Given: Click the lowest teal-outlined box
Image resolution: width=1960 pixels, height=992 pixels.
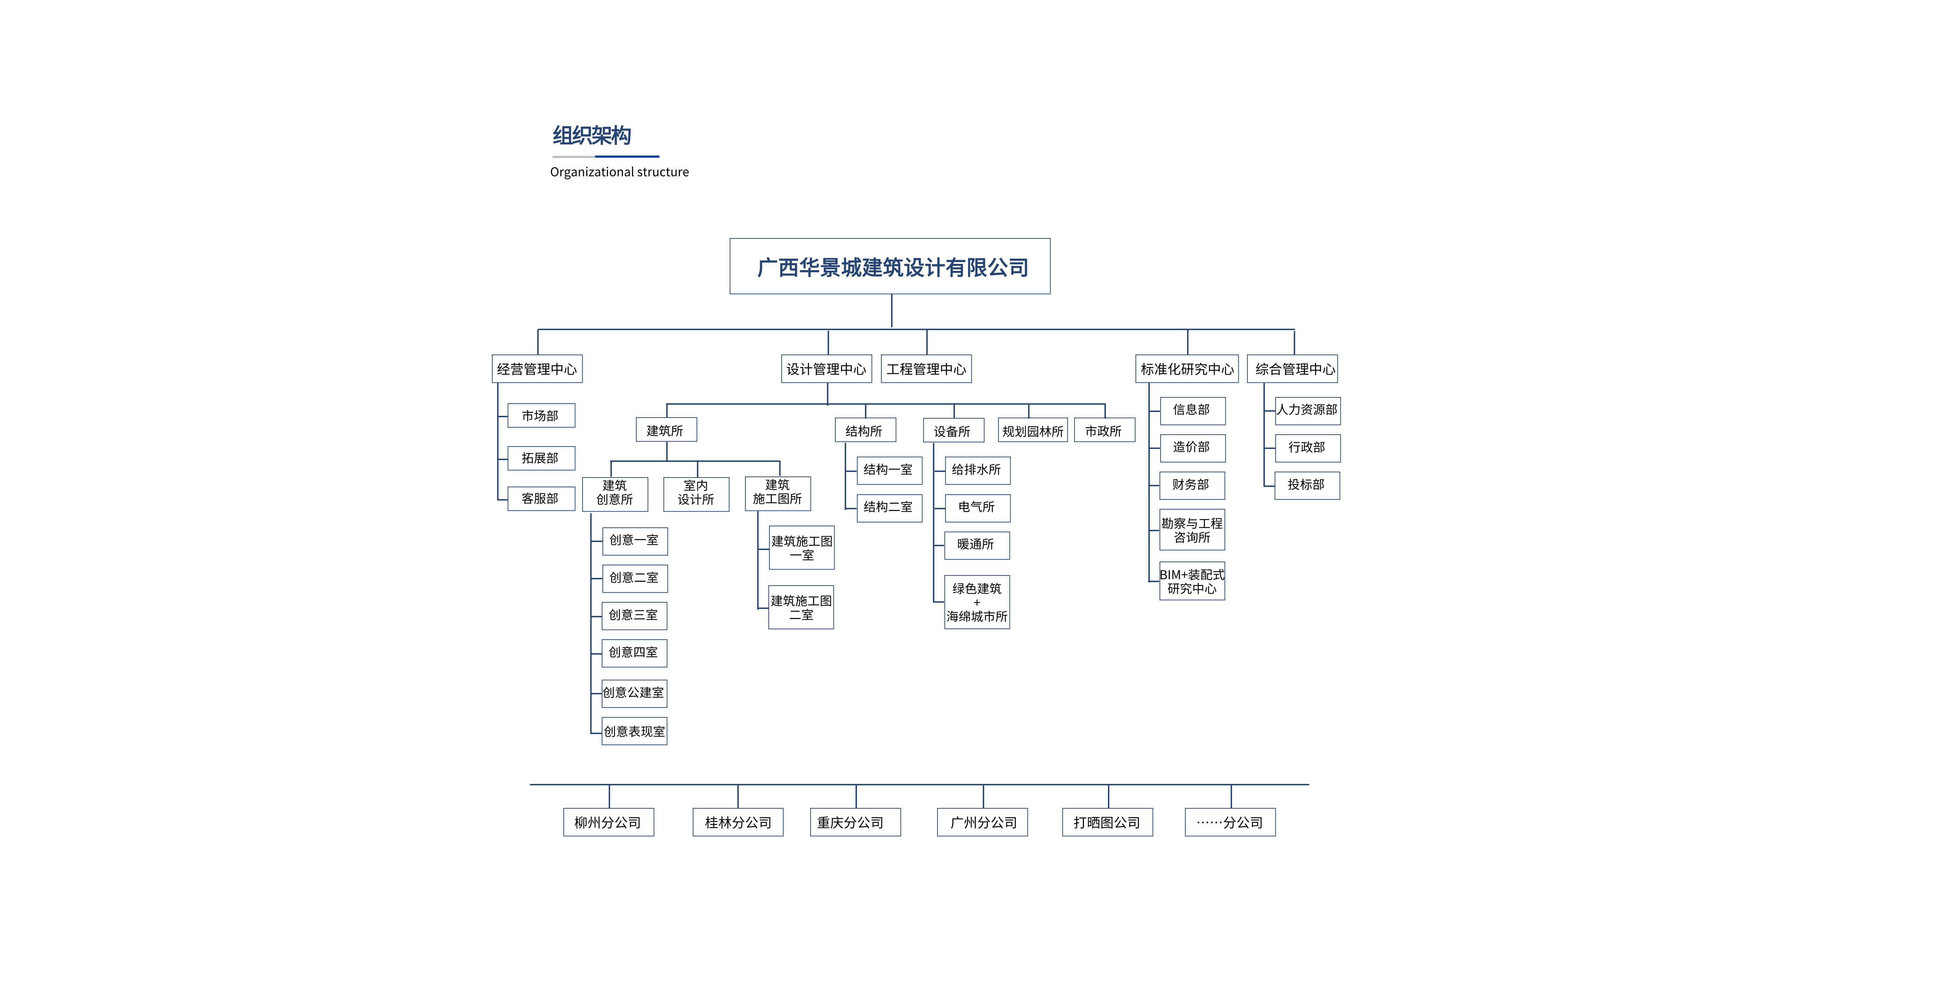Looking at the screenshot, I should (541, 498).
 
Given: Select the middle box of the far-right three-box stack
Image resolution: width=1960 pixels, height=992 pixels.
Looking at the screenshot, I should (1308, 448).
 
